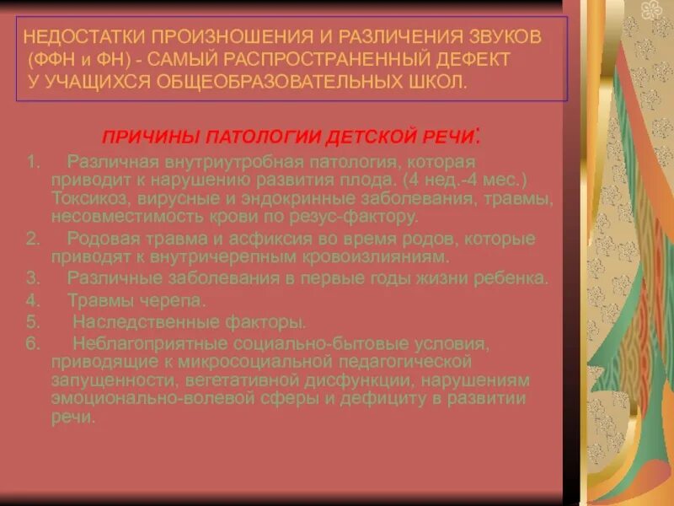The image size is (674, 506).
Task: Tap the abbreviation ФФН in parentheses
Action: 49,61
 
